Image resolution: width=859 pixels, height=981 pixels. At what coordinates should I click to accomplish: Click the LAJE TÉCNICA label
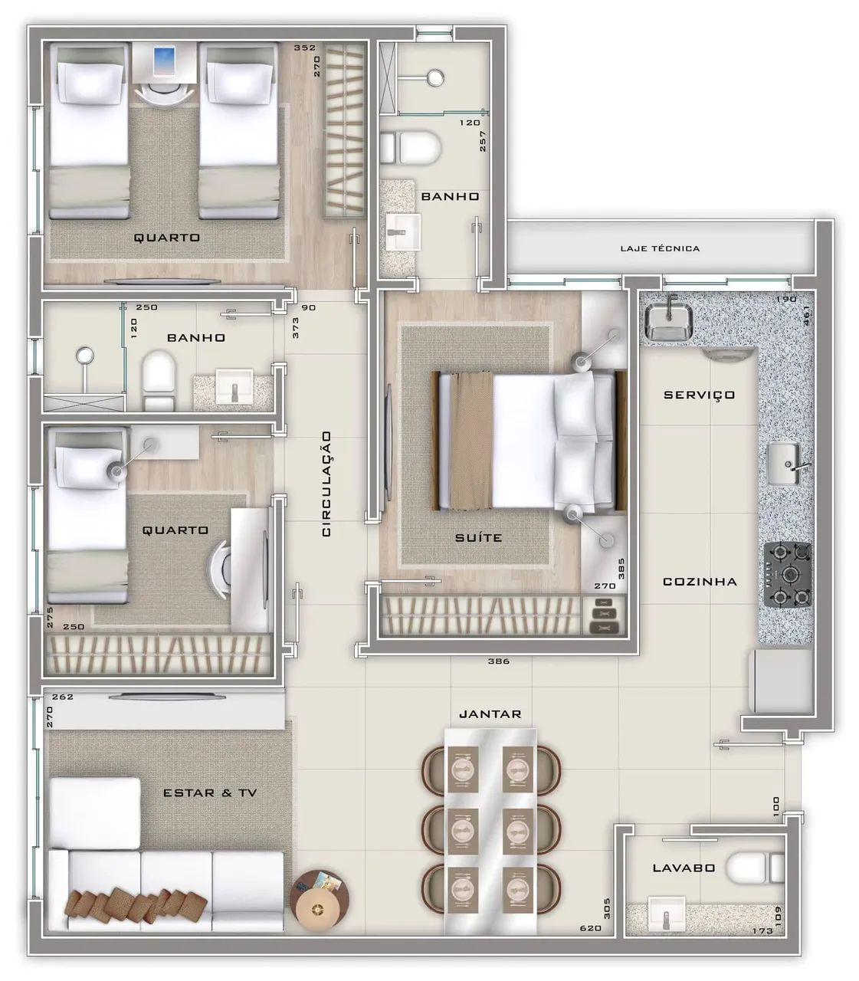pos(660,248)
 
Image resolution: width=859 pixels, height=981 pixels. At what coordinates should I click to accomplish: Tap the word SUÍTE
pos(478,538)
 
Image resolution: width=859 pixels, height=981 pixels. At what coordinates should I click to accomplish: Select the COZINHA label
pos(700,582)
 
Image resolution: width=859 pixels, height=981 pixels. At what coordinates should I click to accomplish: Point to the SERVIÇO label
pos(699,395)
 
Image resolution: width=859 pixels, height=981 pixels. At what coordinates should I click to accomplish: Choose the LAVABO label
pos(684,868)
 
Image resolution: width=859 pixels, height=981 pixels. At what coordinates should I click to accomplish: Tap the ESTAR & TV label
pos(210,793)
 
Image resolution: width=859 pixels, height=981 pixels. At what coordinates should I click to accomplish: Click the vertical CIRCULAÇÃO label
pos(326,484)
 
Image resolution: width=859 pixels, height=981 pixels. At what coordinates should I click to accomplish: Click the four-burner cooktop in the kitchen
pos(788,575)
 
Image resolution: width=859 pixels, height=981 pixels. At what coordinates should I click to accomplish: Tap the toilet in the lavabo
pos(755,868)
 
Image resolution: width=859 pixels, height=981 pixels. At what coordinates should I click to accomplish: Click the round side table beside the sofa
pos(320,901)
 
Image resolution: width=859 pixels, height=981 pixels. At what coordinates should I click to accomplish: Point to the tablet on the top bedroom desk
pos(165,61)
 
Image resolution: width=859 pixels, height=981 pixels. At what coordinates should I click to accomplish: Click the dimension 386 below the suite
pos(499,661)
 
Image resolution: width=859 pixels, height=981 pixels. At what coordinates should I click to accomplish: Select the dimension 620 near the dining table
pos(591,928)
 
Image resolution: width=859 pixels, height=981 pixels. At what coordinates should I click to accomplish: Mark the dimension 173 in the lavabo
pos(762,930)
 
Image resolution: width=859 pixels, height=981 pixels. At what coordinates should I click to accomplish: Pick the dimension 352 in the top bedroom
pos(305,48)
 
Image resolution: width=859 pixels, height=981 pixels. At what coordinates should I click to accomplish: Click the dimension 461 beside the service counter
pos(806,316)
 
